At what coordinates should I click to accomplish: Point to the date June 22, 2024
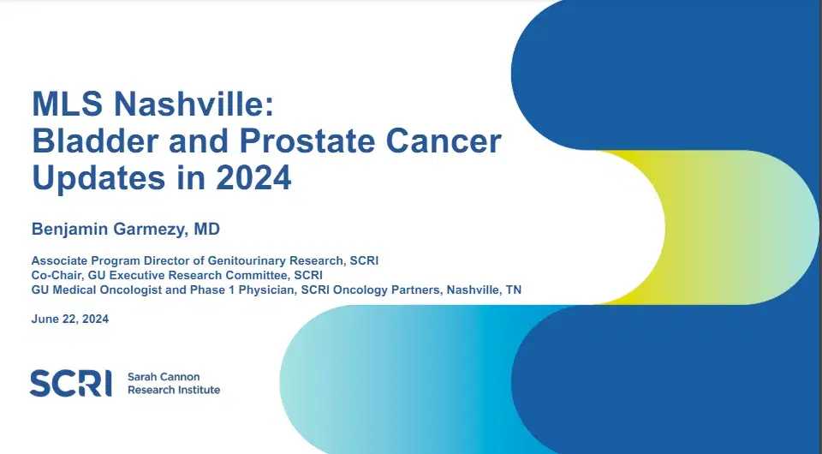(x=70, y=320)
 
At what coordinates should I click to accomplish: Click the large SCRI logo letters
(x=70, y=383)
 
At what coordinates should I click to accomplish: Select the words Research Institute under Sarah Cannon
(x=174, y=390)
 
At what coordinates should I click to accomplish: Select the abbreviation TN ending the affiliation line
(x=513, y=290)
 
